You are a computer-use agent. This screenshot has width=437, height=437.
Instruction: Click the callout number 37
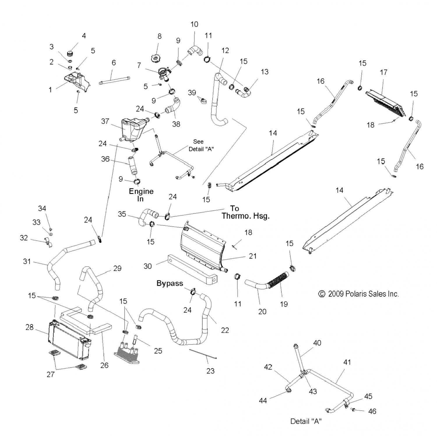pyautogui.click(x=105, y=121)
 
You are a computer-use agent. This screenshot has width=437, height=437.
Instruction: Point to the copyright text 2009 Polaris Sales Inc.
pyautogui.click(x=359, y=294)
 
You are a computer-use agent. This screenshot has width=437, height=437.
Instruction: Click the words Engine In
pyautogui.click(x=141, y=195)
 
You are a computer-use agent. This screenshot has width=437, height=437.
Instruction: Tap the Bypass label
pyautogui.click(x=170, y=283)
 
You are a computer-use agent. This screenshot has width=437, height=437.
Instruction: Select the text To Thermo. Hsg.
pyautogui.click(x=245, y=212)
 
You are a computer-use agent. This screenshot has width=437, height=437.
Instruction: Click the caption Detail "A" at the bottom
pyautogui.click(x=306, y=421)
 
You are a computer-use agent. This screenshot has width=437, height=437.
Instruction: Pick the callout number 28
pyautogui.click(x=29, y=327)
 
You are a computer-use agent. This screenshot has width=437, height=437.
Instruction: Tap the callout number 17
pyautogui.click(x=383, y=72)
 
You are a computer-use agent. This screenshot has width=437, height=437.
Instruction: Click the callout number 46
pyautogui.click(x=372, y=411)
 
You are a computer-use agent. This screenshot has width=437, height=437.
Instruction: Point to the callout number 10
pyautogui.click(x=194, y=24)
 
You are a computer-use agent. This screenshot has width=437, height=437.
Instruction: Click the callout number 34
pyautogui.click(x=42, y=208)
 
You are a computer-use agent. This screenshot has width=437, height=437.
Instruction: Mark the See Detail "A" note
pyautogui.click(x=201, y=145)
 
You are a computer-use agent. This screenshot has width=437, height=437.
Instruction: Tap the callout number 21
pyautogui.click(x=253, y=256)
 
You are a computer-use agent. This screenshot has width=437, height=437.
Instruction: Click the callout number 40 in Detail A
pyautogui.click(x=317, y=343)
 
